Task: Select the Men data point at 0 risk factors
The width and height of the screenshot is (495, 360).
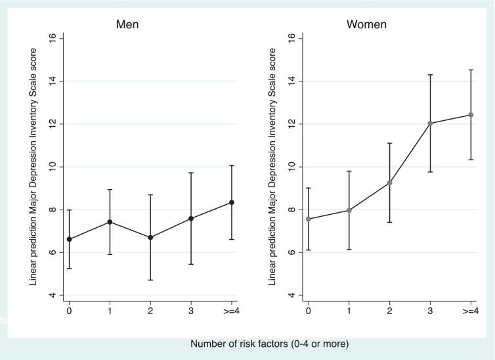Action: click(x=69, y=239)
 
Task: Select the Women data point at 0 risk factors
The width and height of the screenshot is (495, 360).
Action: click(x=309, y=219)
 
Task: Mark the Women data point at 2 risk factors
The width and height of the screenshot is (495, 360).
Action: click(x=389, y=183)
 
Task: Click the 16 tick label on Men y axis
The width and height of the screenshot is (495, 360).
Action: click(x=53, y=39)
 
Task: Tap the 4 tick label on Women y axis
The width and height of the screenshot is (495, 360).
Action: click(x=291, y=295)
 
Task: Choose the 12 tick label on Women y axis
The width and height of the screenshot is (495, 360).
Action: click(x=291, y=124)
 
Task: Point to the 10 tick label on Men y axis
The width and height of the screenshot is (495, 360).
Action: click(x=53, y=167)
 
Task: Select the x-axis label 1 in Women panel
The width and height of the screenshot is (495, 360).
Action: click(x=349, y=311)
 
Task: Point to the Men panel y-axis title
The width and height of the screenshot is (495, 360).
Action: click(x=32, y=167)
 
